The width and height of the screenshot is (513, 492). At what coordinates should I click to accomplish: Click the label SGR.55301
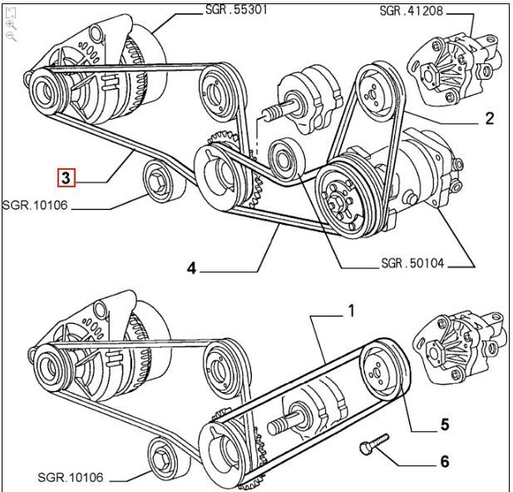(236, 9)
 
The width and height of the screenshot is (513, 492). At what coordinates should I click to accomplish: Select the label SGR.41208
(412, 11)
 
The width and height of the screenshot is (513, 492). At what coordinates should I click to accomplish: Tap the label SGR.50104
(413, 263)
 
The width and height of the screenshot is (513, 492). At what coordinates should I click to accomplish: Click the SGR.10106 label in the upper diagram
(35, 205)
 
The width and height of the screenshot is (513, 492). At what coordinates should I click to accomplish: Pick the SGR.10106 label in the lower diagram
(71, 477)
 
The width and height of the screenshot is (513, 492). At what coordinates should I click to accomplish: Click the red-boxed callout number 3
(66, 178)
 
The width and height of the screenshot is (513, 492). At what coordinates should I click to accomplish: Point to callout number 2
(489, 118)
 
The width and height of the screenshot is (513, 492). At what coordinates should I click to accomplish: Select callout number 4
(191, 268)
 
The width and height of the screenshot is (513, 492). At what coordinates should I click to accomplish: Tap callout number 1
(351, 311)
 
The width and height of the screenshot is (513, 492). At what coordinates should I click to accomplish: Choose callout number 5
(445, 425)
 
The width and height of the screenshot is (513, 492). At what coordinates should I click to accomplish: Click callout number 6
(445, 461)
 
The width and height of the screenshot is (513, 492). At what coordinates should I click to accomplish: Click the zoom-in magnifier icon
(11, 25)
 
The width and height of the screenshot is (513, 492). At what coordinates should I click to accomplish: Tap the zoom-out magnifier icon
(11, 37)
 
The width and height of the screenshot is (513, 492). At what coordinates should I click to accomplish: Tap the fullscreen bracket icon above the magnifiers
(11, 13)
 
